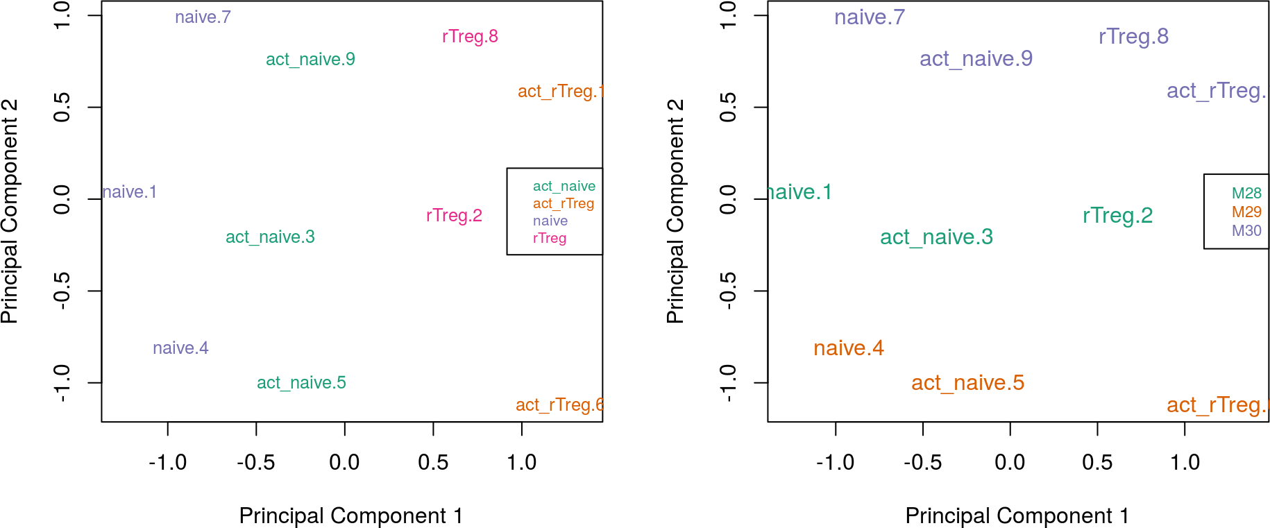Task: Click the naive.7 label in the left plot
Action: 203,17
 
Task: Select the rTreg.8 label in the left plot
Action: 470,37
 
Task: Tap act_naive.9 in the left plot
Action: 310,60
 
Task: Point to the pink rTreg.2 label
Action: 454,216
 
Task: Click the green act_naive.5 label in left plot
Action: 301,383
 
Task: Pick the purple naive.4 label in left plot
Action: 180,348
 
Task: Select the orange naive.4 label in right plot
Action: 848,348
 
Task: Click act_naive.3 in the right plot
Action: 936,237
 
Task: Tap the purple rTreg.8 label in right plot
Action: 1133,37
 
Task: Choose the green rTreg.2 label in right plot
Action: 1117,216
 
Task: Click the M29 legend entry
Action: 1246,212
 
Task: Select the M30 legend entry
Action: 1246,231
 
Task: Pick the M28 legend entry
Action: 1246,194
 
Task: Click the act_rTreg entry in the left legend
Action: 564,204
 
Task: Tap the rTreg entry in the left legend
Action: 550,239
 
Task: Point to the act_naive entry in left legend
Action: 564,187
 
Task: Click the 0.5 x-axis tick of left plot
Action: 433,463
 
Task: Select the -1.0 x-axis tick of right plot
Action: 835,463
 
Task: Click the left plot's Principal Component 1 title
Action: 350,516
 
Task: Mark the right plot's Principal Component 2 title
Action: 675,212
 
